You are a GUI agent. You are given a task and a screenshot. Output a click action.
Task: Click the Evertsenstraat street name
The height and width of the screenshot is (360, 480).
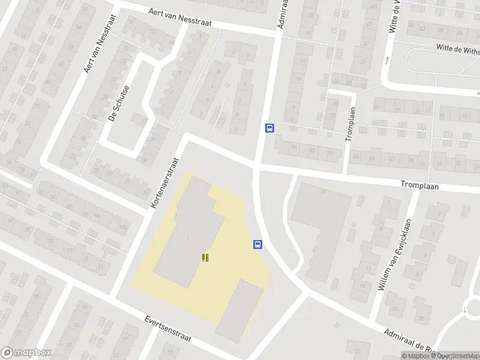(x=168, y=329)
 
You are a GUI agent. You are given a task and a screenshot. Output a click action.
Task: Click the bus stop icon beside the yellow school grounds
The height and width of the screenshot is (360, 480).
(x=257, y=244)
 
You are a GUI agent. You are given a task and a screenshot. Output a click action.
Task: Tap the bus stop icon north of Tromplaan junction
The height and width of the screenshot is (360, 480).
(x=269, y=128)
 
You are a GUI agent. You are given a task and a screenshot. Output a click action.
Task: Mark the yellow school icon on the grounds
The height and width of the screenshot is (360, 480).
(x=206, y=257)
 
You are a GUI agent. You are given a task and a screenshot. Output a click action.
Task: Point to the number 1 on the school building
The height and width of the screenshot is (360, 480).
(x=188, y=238)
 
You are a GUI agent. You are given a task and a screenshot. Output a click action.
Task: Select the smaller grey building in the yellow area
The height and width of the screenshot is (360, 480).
(x=240, y=309)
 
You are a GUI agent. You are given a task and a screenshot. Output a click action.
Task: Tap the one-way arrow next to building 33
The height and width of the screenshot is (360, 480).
(x=386, y=60)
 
